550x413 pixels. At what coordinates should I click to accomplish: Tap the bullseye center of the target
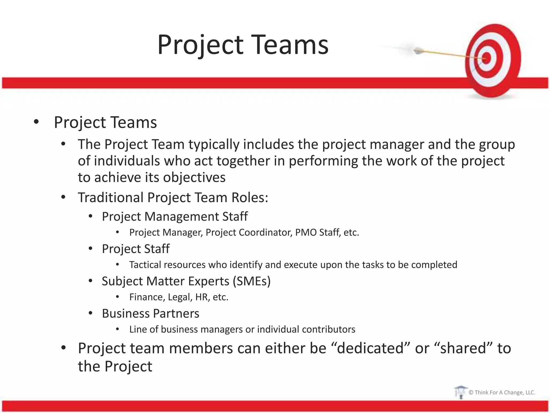coord(487,58)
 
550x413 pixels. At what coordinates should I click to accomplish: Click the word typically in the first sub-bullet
coord(214,145)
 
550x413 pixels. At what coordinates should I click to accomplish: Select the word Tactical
coord(145,265)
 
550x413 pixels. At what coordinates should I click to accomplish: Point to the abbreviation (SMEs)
coord(252,281)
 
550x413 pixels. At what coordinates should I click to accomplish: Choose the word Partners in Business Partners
coord(176,314)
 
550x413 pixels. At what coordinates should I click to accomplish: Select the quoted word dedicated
coord(370,348)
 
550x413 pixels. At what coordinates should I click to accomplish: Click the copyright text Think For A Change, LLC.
coord(502,392)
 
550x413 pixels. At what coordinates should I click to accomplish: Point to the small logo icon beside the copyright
coord(460,392)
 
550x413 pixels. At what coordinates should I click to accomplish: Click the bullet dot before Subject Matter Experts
coord(91,281)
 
